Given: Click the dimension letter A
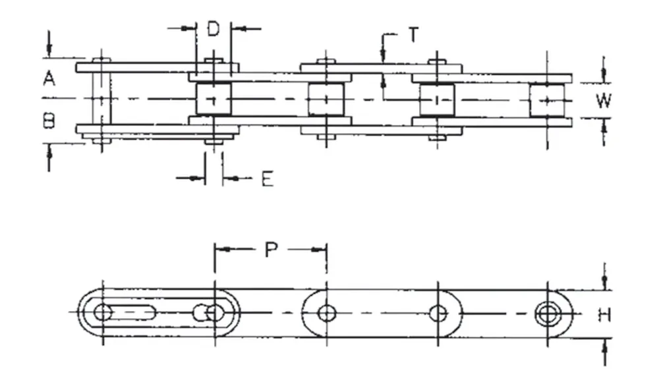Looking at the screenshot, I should (49, 78).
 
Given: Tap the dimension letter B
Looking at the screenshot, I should (49, 121).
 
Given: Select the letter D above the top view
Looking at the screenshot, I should (214, 29).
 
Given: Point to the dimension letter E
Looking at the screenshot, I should (267, 179).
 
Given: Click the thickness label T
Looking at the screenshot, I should (413, 35).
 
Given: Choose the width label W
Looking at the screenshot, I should (603, 101).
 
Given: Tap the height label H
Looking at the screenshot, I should (604, 316).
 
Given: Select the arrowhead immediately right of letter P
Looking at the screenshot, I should (321, 250).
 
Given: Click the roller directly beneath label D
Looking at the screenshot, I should (214, 99).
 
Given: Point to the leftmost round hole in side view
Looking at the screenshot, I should (102, 312).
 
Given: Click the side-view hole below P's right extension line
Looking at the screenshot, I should (327, 313).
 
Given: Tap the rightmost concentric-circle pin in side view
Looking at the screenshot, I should (548, 313).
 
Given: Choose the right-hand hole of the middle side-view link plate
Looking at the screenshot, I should (438, 313).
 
